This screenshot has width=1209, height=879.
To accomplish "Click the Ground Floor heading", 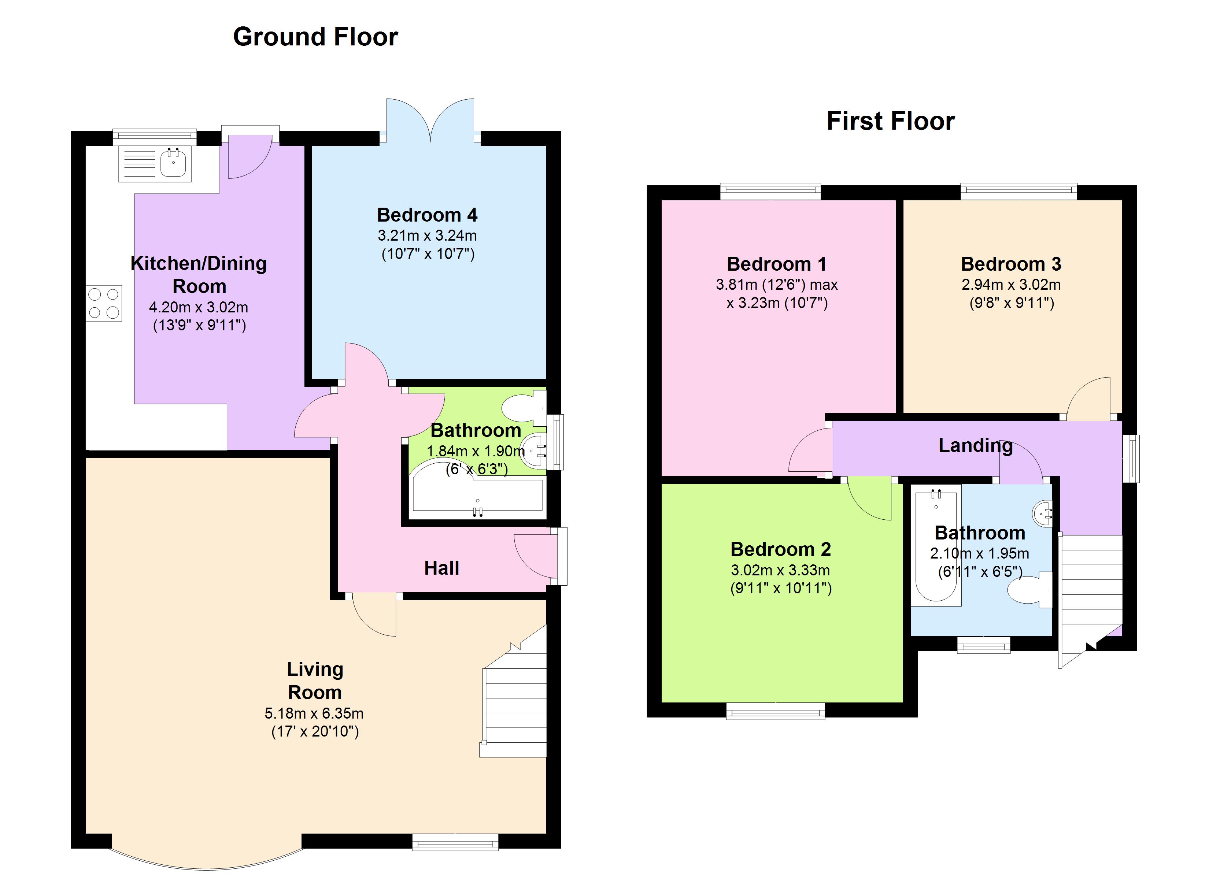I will (315, 37).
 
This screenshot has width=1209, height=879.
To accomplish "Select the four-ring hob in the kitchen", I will (104, 303).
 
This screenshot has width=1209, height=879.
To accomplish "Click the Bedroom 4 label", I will (427, 215).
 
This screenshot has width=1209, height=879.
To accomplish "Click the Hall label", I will (441, 568).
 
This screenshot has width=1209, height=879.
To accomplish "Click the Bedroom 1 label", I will (776, 264).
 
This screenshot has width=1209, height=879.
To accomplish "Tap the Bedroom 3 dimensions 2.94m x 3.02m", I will (1011, 285).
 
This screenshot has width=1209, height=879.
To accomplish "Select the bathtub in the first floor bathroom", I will (936, 546).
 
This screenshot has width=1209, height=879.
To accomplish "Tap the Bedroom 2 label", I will (780, 549).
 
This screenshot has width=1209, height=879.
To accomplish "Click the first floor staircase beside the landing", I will (1090, 592).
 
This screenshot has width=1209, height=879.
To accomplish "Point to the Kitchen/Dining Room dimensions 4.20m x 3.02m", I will (198, 307).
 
